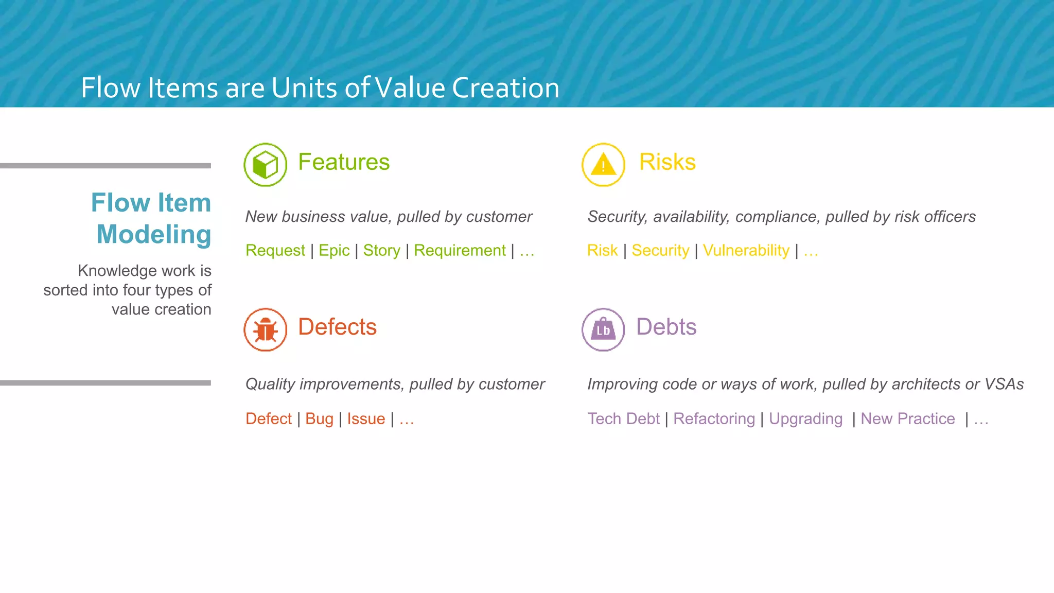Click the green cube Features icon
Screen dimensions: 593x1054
(x=265, y=165)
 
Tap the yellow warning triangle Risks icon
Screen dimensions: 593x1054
(x=603, y=165)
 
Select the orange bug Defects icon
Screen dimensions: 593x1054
(x=265, y=329)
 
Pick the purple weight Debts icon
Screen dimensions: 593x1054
(x=603, y=329)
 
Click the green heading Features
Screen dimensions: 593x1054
(x=344, y=162)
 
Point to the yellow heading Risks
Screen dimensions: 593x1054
(x=667, y=162)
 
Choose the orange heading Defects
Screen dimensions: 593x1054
(x=337, y=327)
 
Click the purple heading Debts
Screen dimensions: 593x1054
(x=666, y=327)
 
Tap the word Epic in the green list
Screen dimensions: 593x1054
(x=334, y=251)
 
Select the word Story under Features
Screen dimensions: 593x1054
(x=381, y=251)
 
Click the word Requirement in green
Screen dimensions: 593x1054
(x=460, y=251)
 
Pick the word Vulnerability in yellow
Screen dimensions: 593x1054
(x=746, y=251)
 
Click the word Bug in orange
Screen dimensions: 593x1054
(x=319, y=419)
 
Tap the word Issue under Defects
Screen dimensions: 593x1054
(x=366, y=419)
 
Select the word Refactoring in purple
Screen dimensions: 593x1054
(x=714, y=419)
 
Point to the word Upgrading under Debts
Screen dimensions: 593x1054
(x=805, y=419)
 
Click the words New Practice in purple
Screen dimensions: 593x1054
(x=907, y=419)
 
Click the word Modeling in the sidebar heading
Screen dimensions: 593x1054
(x=154, y=235)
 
